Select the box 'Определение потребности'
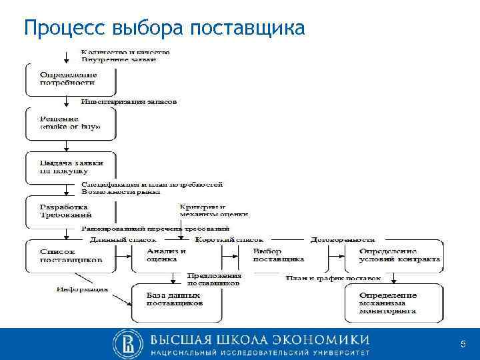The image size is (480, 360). (70, 79)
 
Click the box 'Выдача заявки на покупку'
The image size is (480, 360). (70, 167)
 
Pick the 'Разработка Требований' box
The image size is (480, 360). (70, 211)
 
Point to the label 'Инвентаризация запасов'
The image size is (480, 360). (129, 102)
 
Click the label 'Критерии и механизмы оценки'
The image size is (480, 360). (213, 211)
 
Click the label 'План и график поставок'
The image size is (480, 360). (333, 277)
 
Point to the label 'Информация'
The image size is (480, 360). (82, 289)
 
